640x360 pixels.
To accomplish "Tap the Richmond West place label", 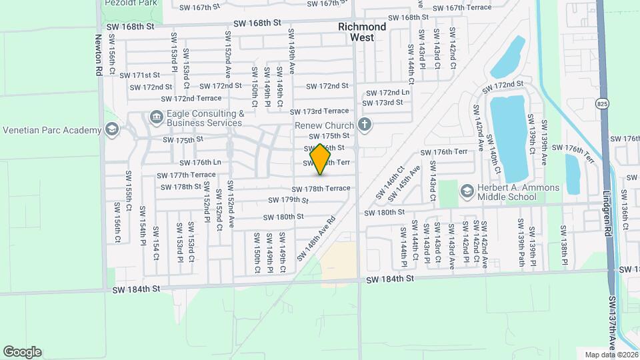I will [x=362, y=32].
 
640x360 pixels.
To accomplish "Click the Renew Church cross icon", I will [x=364, y=124].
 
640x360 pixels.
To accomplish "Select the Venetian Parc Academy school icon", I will [x=112, y=129].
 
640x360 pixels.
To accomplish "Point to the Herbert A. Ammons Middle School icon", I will [x=467, y=192].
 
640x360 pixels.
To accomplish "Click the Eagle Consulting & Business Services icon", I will [x=156, y=118].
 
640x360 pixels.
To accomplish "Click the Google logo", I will [x=22, y=352].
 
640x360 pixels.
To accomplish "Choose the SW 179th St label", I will [x=289, y=200].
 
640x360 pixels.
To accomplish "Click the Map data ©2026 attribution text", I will [x=610, y=355].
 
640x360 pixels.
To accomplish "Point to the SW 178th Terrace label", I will [x=320, y=189].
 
